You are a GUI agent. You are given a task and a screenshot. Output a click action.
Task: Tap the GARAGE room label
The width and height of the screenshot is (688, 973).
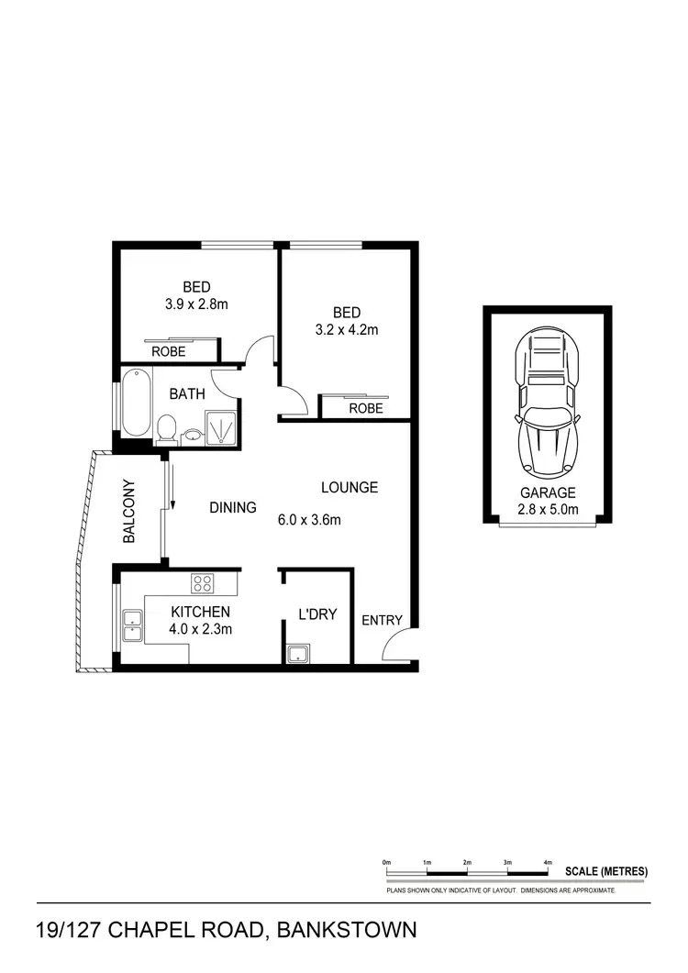(x=548, y=492)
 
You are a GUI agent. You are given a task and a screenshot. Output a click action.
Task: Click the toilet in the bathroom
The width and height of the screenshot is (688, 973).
(x=166, y=428)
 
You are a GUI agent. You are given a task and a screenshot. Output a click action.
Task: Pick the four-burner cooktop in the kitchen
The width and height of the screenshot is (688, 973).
(x=202, y=583)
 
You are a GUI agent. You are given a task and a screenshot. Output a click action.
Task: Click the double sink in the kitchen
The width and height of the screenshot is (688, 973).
(x=130, y=624)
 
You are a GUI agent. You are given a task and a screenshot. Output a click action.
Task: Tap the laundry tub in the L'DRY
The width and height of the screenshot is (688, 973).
(x=297, y=653)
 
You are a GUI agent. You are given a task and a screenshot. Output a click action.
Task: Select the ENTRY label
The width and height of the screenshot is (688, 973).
(x=382, y=620)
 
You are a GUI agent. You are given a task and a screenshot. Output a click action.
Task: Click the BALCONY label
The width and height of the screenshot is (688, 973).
(x=129, y=512)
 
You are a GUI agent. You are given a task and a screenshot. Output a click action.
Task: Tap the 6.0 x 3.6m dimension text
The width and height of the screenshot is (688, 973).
(x=309, y=520)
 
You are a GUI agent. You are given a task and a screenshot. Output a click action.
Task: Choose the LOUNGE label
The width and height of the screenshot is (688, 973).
(x=349, y=487)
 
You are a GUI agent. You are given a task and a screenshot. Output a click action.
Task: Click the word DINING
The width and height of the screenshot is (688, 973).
(x=232, y=507)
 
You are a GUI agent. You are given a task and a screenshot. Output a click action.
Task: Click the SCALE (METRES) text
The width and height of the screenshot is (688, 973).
(x=606, y=870)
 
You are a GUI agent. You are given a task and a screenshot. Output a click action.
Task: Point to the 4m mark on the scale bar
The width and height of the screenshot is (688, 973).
(x=548, y=863)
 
